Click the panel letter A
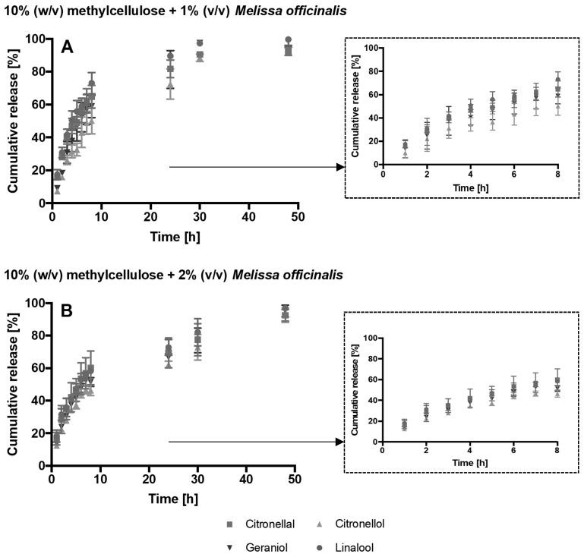coord(68,48)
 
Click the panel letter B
coord(68,312)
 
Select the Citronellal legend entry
coord(267,524)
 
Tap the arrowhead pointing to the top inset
coord(339,168)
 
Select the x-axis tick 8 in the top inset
coord(558,173)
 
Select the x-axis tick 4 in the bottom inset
coord(469,451)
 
